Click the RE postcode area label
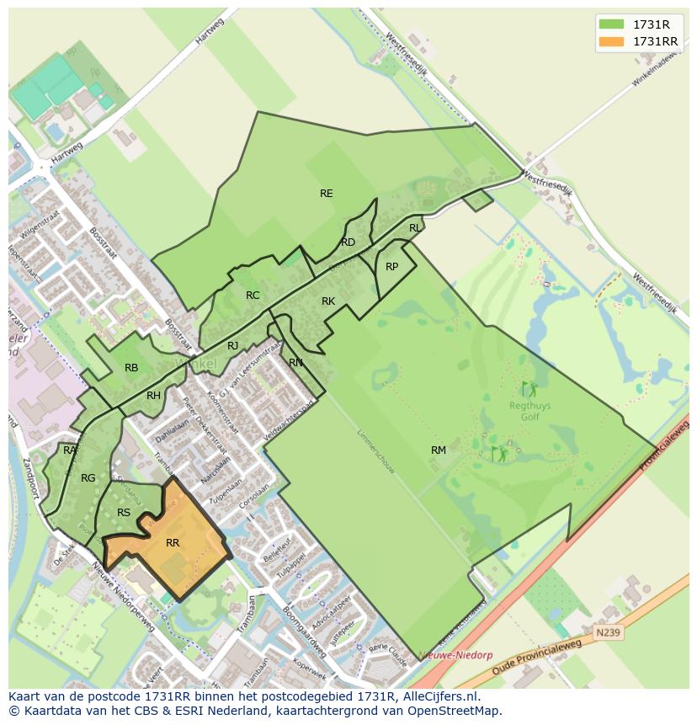pyautogui.click(x=326, y=194)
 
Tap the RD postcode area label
pyautogui.click(x=348, y=243)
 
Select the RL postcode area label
pyautogui.click(x=414, y=228)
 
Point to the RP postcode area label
pyautogui.click(x=391, y=267)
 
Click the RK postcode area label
pyautogui.click(x=328, y=301)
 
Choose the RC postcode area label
pyautogui.click(x=253, y=296)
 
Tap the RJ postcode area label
pyautogui.click(x=233, y=346)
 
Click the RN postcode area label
pyautogui.click(x=295, y=363)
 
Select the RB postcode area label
pyautogui.click(x=131, y=368)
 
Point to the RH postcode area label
pyautogui.click(x=153, y=396)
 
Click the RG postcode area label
pyautogui.click(x=88, y=478)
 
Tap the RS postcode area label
pyautogui.click(x=124, y=513)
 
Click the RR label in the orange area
pyautogui.click(x=173, y=543)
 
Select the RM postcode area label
pyautogui.click(x=438, y=450)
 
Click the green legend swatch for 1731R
pyautogui.click(x=610, y=24)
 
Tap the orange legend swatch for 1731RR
pyautogui.click(x=610, y=41)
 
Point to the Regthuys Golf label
pyautogui.click(x=529, y=410)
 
